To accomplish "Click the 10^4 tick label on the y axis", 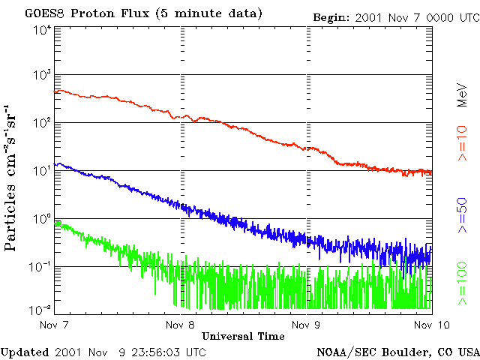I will pos(41,29).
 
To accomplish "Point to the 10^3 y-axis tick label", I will pos(41,75).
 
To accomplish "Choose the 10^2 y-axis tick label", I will pos(41,123).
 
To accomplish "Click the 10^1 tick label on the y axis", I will pos(41,171).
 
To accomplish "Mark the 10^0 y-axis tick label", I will pos(41,219).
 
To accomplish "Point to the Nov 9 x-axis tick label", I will pos(305,325).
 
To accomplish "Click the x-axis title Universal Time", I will pos(243,336).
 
